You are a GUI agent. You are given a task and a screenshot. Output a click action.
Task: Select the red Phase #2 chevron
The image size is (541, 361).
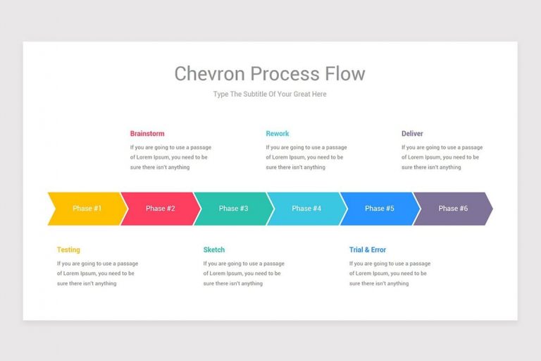(161, 209)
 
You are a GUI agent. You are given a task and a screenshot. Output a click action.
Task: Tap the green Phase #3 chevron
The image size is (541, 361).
(233, 209)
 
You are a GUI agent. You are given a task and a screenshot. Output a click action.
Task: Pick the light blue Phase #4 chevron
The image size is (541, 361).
(306, 209)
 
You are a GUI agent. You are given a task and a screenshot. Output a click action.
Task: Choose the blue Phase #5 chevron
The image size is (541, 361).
(380, 209)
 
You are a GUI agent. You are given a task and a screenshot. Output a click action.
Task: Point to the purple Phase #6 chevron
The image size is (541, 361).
(453, 209)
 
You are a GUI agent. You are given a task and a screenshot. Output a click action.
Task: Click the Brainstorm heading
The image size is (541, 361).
(147, 133)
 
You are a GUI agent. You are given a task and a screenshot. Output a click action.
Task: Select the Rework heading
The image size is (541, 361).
(278, 133)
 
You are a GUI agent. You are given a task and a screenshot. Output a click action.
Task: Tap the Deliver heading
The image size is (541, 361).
(412, 133)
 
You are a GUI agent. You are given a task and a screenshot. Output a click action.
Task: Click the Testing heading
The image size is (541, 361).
(68, 250)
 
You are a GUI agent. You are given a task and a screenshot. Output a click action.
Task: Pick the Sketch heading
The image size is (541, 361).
(214, 250)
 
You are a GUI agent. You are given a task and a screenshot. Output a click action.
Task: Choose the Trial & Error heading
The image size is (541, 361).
(368, 250)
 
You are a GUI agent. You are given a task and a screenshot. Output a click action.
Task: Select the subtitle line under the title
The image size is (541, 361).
(270, 94)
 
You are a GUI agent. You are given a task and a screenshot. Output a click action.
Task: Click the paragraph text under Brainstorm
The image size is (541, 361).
(170, 157)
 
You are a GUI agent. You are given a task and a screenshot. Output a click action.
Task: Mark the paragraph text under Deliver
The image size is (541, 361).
(442, 157)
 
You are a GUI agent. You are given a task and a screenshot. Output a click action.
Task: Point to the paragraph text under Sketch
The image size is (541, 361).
(244, 274)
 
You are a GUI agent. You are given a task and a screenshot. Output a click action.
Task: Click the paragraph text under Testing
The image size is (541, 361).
(97, 274)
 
